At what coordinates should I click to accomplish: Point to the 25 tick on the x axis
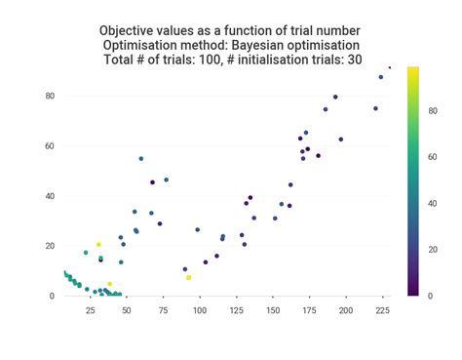coord(90,311)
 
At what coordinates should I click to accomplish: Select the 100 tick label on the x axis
coord(200,311)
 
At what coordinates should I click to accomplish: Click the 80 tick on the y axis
coord(48,96)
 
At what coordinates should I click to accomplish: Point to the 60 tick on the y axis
coord(48,146)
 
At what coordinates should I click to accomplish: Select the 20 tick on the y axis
coord(48,246)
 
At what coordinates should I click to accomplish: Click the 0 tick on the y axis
coord(51,296)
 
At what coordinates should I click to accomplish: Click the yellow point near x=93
coord(189,278)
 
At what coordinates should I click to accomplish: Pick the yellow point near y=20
coord(98,245)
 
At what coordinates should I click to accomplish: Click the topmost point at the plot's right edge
coord(390,67)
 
